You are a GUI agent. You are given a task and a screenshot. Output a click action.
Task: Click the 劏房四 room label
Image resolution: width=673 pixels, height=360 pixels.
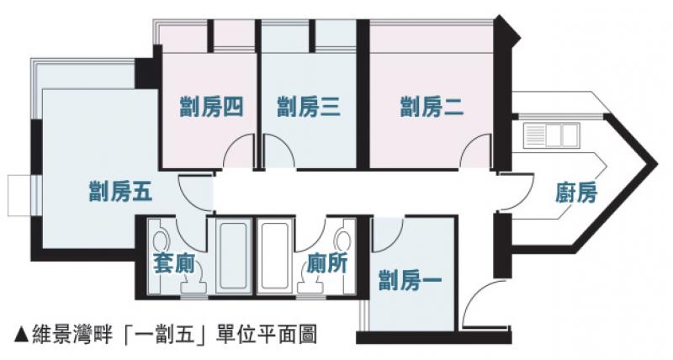(x=212, y=108)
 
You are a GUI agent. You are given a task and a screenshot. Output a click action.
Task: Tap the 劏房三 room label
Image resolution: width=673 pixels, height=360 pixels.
(x=309, y=108)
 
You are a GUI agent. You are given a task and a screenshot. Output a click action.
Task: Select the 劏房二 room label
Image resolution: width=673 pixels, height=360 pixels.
(x=432, y=108)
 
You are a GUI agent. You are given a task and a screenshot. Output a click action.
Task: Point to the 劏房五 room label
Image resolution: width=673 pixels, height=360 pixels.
(x=120, y=191)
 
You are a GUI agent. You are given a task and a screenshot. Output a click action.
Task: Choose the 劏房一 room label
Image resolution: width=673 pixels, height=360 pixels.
(x=410, y=280)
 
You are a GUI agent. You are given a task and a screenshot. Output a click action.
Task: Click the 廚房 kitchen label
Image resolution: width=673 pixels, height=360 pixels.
(x=576, y=193)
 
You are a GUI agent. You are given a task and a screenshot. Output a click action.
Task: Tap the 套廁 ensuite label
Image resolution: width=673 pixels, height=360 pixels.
(x=174, y=263)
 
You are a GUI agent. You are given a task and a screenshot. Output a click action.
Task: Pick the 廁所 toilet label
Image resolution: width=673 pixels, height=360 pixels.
(x=327, y=263)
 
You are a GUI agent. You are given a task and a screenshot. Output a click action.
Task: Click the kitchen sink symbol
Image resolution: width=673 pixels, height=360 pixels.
(x=551, y=134)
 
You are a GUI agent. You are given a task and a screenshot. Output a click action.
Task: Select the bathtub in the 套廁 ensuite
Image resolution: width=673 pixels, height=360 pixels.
(x=233, y=257)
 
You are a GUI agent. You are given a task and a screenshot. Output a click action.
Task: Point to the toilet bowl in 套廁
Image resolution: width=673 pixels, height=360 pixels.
(x=160, y=238)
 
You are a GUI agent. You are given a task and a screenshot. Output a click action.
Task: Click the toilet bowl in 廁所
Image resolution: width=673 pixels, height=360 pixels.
(x=343, y=238)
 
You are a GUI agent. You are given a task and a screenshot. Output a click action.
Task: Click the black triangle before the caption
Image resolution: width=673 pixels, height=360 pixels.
(x=21, y=334)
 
